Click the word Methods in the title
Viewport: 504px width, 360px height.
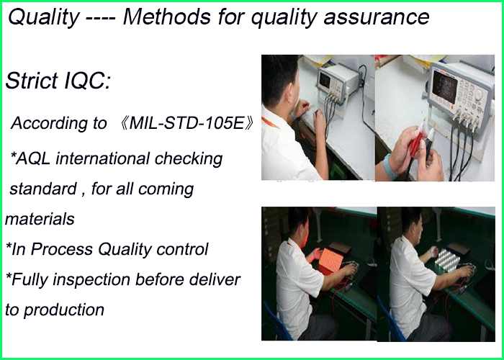(x=167, y=17)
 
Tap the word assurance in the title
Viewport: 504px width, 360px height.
(x=377, y=18)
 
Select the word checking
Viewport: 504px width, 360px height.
(x=189, y=159)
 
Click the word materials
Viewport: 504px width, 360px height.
(x=40, y=219)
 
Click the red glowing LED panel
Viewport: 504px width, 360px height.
(x=330, y=261)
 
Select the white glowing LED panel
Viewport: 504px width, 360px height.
(x=447, y=261)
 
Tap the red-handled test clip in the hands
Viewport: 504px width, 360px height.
(x=416, y=145)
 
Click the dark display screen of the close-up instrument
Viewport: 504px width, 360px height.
(x=444, y=86)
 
